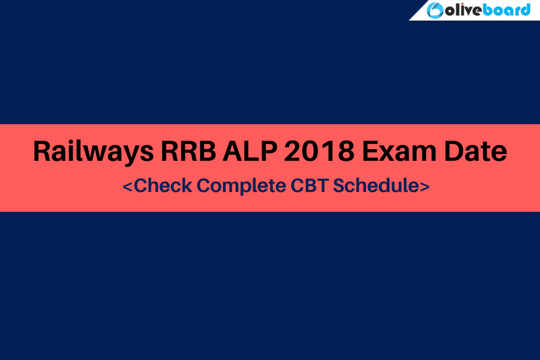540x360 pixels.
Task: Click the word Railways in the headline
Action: click(94, 151)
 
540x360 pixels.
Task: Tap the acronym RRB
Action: click(188, 151)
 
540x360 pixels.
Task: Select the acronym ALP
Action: click(250, 151)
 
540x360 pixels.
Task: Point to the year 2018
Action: click(319, 151)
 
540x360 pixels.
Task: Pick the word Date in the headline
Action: click(476, 151)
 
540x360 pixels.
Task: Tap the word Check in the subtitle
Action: click(163, 185)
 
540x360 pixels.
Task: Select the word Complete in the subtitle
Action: click(241, 186)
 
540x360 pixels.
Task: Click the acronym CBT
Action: click(309, 185)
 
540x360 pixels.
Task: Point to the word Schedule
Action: click(376, 185)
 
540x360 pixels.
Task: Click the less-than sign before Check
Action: click(127, 187)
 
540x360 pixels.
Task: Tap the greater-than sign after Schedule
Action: click(425, 187)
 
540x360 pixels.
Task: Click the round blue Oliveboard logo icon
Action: click(435, 10)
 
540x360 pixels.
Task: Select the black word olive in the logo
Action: click(464, 10)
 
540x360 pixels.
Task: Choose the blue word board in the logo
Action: click(506, 10)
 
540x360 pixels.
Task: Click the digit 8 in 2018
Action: click(346, 151)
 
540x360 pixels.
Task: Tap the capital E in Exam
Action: click(370, 151)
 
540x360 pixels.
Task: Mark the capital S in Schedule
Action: click(339, 185)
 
